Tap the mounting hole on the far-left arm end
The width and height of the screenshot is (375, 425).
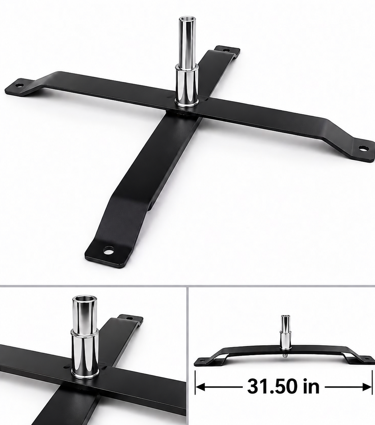19,85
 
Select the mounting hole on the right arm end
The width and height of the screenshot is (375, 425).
362,148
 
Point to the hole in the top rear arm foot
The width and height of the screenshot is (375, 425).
226,50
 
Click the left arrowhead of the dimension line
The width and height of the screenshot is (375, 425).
200,387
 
